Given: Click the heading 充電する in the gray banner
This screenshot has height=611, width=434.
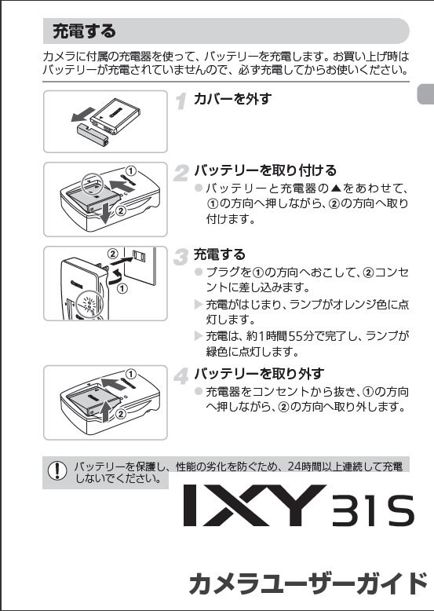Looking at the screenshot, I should [x=83, y=32].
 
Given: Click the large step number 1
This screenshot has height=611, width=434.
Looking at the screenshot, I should [x=181, y=101].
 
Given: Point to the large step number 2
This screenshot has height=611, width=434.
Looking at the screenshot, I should [x=181, y=172].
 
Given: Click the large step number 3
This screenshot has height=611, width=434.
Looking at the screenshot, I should [x=181, y=256].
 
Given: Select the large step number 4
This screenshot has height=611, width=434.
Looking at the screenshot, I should [x=181, y=375].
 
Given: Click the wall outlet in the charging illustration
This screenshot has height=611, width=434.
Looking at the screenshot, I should [x=138, y=258].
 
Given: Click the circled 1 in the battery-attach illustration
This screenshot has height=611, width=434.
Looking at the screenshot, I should [x=132, y=170].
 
